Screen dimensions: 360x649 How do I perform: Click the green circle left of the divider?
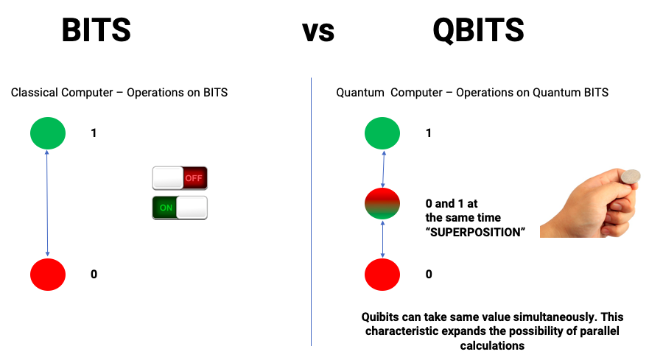tap(48, 133)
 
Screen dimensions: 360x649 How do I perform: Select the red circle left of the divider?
tap(48, 275)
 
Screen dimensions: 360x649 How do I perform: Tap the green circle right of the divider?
tap(382, 133)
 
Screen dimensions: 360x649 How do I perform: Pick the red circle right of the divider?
tap(382, 275)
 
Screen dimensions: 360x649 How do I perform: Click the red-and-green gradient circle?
tap(382, 204)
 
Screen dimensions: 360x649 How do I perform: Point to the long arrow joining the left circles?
tap(47, 204)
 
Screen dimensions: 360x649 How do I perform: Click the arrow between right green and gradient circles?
tap(383, 169)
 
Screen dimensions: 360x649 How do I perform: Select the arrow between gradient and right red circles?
tap(382, 239)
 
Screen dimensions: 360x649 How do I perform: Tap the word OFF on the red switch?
tap(194, 178)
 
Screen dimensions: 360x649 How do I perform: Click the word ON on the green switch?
tap(166, 208)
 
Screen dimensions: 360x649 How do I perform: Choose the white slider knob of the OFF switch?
tap(168, 178)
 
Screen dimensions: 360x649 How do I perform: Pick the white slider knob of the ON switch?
tap(192, 208)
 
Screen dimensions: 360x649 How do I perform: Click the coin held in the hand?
tap(630, 177)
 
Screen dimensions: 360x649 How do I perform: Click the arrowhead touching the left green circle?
tap(47, 152)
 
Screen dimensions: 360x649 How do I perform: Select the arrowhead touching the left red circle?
tap(48, 255)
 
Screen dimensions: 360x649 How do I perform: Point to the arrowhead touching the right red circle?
tap(382, 255)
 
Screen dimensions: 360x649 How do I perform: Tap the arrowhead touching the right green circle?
tap(384, 152)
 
